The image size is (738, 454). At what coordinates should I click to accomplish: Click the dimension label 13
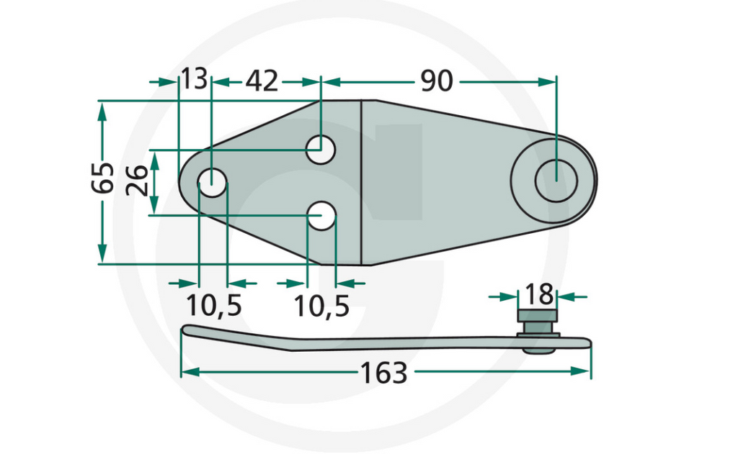point(194,80)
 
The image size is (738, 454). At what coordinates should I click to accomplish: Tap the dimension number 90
point(436,81)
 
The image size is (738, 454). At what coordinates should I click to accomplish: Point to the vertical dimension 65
point(102,177)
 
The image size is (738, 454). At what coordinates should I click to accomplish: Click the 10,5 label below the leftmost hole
point(213,306)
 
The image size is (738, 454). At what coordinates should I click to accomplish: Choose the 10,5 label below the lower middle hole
point(321,306)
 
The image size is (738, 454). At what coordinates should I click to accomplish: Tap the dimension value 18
point(539,294)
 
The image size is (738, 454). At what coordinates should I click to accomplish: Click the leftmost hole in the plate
point(212,182)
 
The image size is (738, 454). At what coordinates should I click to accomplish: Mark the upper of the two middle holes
point(321,150)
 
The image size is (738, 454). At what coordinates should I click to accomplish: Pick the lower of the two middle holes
point(321,215)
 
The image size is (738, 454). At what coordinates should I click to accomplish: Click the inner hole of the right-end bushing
point(556,180)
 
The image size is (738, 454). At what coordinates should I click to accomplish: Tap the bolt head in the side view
point(538,317)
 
